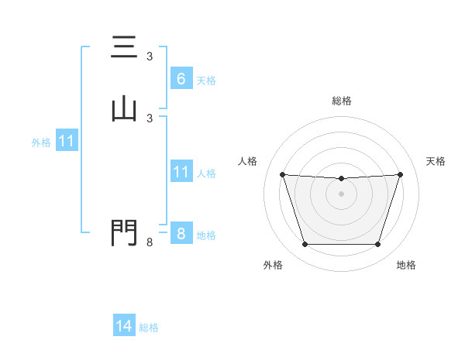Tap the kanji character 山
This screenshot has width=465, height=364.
pyautogui.click(x=124, y=109)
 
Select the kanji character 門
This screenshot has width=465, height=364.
pyautogui.click(x=124, y=232)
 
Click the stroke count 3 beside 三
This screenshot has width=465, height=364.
pyautogui.click(x=150, y=57)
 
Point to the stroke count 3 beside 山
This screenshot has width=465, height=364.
pyautogui.click(x=150, y=118)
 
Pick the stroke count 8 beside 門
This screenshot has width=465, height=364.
pyautogui.click(x=150, y=243)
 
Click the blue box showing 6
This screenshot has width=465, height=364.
pyautogui.click(x=181, y=78)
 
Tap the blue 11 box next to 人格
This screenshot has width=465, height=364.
pyautogui.click(x=181, y=172)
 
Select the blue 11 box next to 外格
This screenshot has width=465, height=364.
pyautogui.click(x=67, y=141)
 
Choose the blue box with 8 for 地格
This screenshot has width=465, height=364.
pyautogui.click(x=181, y=233)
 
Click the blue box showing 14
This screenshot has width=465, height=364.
pyautogui.click(x=124, y=326)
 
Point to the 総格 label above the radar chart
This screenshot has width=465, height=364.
pyautogui.click(x=342, y=101)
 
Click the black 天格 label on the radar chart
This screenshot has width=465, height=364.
pyautogui.click(x=436, y=161)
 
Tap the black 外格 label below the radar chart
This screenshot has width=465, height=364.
pyautogui.click(x=273, y=265)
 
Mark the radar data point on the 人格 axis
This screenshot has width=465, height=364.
pyautogui.click(x=282, y=174)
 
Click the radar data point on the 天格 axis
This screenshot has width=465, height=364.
pyautogui.click(x=401, y=174)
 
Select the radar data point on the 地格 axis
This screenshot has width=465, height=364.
pyautogui.click(x=377, y=245)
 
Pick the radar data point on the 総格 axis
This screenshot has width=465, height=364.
pyautogui.click(x=342, y=179)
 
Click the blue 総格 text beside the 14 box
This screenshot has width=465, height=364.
pyautogui.click(x=149, y=328)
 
